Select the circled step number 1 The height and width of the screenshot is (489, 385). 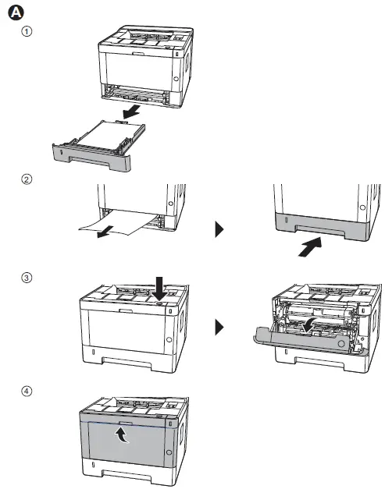coord(27,32)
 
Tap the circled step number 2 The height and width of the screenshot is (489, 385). coord(27,179)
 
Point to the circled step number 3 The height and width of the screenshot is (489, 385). coord(27,278)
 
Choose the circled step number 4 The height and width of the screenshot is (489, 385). coord(27,391)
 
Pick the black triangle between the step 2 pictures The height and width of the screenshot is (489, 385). coord(220,229)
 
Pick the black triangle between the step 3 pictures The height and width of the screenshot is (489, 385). coord(220,325)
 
